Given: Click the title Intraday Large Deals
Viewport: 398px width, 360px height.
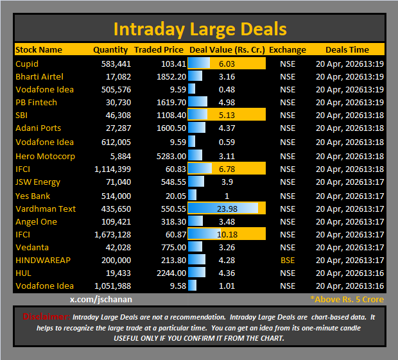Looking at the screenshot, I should click(x=200, y=29).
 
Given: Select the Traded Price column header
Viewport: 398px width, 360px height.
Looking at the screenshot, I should click(x=159, y=49).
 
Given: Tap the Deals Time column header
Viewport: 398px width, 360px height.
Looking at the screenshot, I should click(x=347, y=49).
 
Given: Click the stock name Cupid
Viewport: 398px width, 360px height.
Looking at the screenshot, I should click(x=27, y=64).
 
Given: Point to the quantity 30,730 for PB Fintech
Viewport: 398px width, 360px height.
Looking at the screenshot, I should click(x=116, y=102).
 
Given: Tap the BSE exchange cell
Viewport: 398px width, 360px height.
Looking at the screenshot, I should click(x=288, y=260).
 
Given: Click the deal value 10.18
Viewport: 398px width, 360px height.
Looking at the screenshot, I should click(x=227, y=234).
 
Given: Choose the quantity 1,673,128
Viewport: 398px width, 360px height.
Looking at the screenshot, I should click(x=112, y=234).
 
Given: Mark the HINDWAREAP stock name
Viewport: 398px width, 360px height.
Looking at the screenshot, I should click(x=44, y=260).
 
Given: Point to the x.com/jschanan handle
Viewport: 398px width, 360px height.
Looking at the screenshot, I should click(x=100, y=299).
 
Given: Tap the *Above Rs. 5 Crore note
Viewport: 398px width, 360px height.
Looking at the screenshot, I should click(x=347, y=299).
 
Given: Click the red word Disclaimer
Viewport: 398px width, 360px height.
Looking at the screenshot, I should click(x=46, y=316).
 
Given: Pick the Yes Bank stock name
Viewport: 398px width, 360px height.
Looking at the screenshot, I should click(x=33, y=196).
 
